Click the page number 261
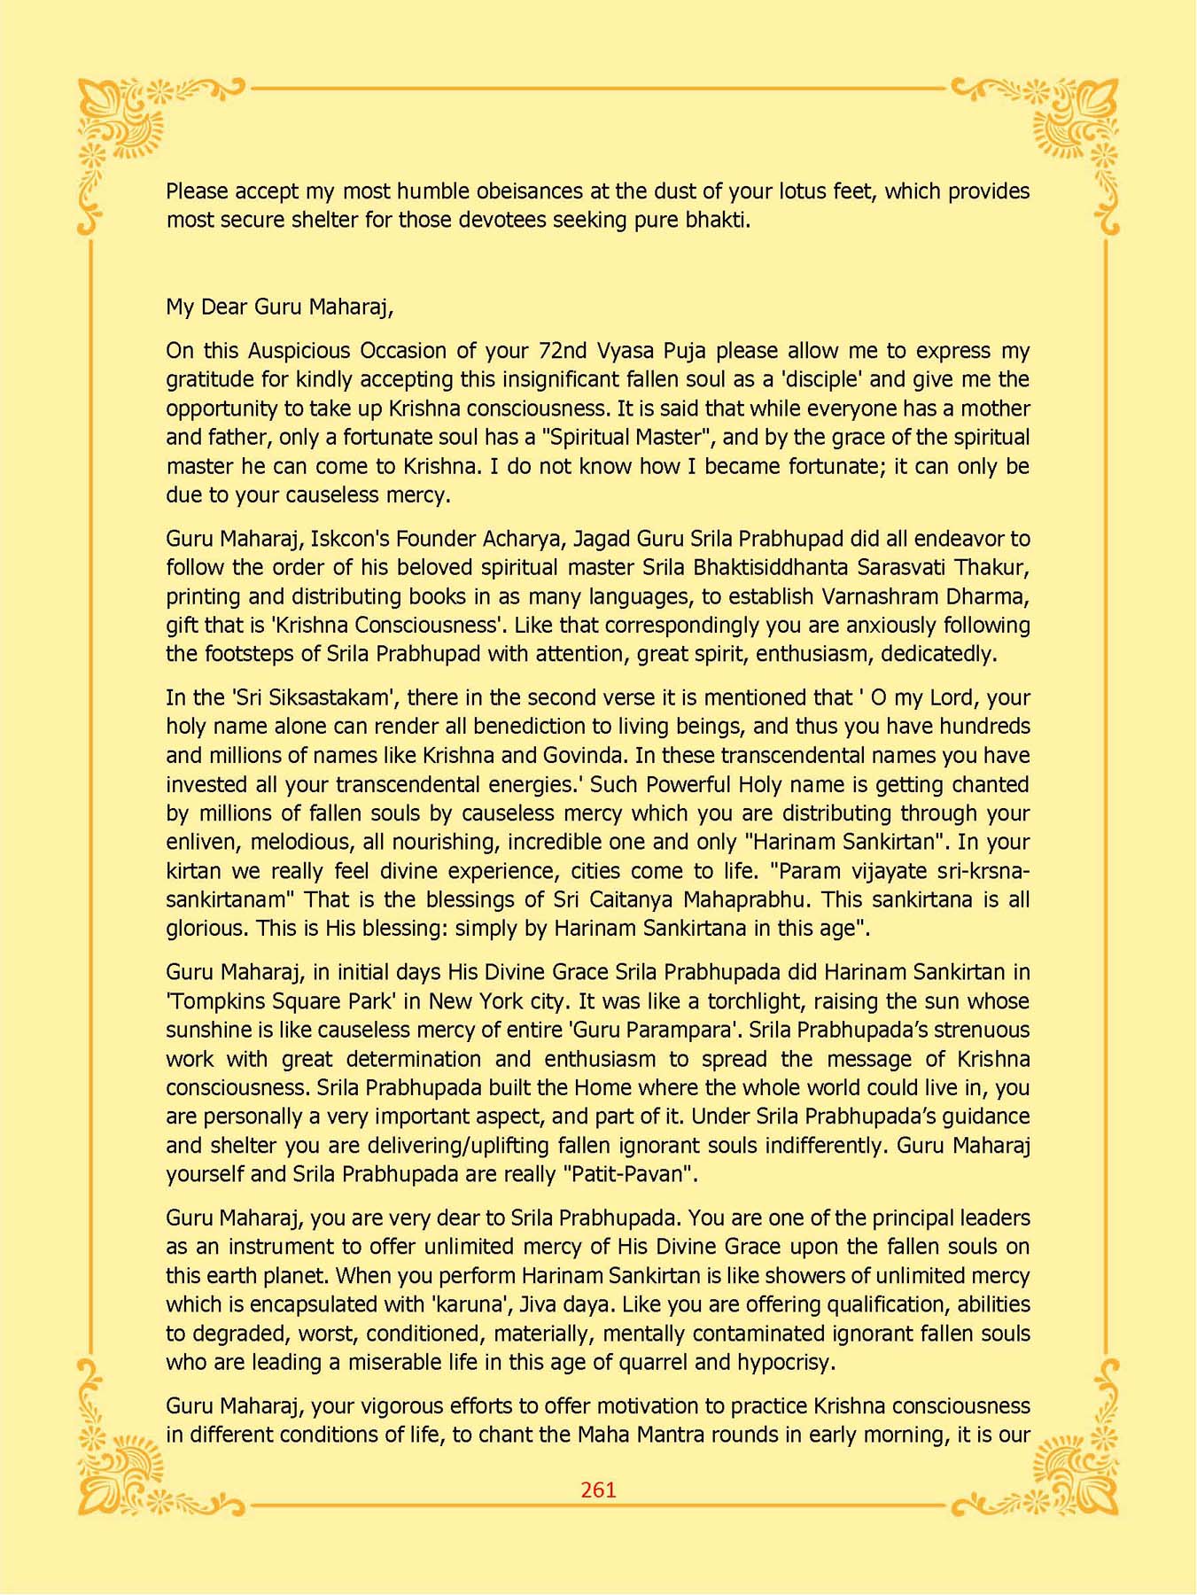(x=598, y=1490)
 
